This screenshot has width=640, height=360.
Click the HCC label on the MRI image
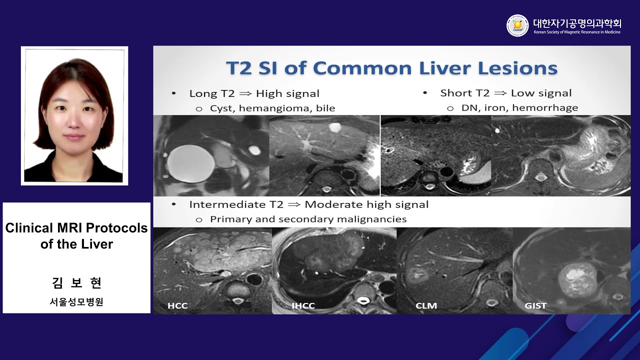pyautogui.click(x=178, y=305)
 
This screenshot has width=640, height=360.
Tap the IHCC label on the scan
pyautogui.click(x=303, y=305)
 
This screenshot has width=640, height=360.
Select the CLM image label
pyautogui.click(x=426, y=305)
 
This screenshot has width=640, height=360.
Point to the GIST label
pyautogui.click(x=535, y=305)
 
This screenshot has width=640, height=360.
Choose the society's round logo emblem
pyautogui.click(x=517, y=25)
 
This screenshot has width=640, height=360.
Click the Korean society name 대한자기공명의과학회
pyautogui.click(x=577, y=23)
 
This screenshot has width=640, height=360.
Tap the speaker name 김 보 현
pyautogui.click(x=76, y=283)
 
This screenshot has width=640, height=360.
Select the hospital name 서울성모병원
pyautogui.click(x=76, y=302)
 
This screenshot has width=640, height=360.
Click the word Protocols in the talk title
pyautogui.click(x=116, y=228)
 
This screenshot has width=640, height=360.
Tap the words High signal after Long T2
pyautogui.click(x=287, y=93)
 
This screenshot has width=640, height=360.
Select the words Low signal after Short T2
pyautogui.click(x=541, y=93)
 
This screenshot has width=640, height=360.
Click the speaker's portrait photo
pyautogui.click(x=74, y=116)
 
